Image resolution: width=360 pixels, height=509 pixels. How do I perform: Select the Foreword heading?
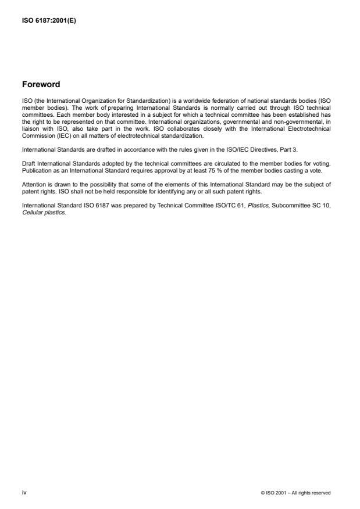tap(41, 84)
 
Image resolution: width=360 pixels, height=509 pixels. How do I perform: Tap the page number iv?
tap(23, 492)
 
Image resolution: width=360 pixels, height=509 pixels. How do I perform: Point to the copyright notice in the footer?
tap(296, 493)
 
